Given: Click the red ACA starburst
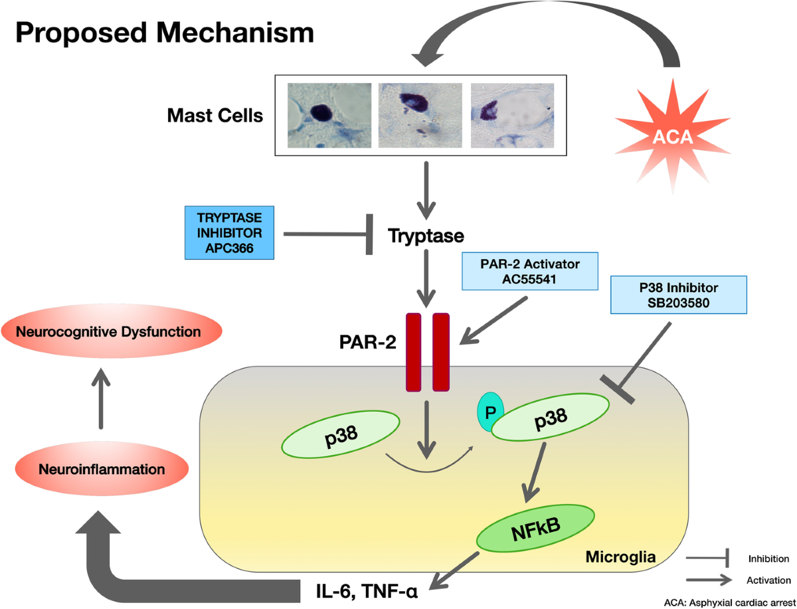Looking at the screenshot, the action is pyautogui.click(x=672, y=136).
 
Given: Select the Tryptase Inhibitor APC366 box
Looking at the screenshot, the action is pyautogui.click(x=229, y=232).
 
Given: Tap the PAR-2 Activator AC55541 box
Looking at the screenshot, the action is pyautogui.click(x=530, y=271).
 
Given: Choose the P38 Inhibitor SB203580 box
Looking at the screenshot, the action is pyautogui.click(x=679, y=295).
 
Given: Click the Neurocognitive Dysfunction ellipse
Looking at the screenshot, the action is pyautogui.click(x=112, y=331).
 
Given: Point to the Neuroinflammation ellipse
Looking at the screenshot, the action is pyautogui.click(x=102, y=469).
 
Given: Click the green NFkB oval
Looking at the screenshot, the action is pyautogui.click(x=535, y=528).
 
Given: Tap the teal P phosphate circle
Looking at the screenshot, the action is pyautogui.click(x=489, y=412).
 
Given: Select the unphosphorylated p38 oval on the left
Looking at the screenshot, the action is pyautogui.click(x=341, y=434).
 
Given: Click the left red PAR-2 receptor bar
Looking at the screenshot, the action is pyautogui.click(x=413, y=352).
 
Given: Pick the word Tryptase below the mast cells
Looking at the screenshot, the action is pyautogui.click(x=426, y=236).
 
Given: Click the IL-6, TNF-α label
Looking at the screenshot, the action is pyautogui.click(x=367, y=591).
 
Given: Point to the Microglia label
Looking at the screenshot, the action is pyautogui.click(x=620, y=557).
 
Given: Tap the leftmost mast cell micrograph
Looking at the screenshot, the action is pyautogui.click(x=329, y=116).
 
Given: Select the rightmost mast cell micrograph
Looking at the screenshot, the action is pyautogui.click(x=512, y=116).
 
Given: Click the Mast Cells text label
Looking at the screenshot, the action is pyautogui.click(x=215, y=116).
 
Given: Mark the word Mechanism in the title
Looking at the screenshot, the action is pyautogui.click(x=235, y=33).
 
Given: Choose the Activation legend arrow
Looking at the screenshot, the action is pyautogui.click(x=709, y=580).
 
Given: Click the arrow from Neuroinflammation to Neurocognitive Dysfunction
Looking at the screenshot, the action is pyautogui.click(x=101, y=398).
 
